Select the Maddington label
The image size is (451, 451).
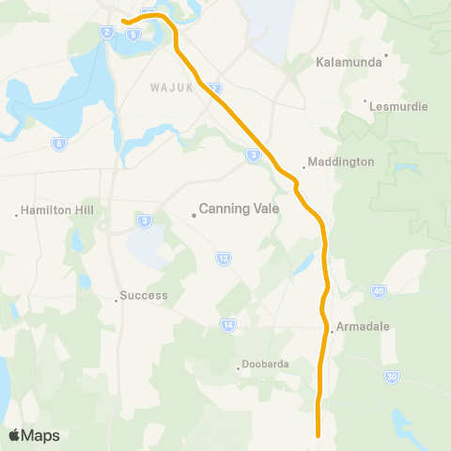[x=341, y=162]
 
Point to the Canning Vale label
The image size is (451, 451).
[x=240, y=210]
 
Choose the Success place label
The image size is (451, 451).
[x=144, y=295]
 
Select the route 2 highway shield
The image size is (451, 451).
[x=108, y=32]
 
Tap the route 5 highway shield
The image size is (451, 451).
[x=134, y=35]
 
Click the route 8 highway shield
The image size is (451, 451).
[x=59, y=144]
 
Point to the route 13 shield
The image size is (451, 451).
[x=224, y=257]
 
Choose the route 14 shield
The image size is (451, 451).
[x=228, y=325]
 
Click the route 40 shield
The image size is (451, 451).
[x=378, y=292]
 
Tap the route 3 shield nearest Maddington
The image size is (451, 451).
[x=254, y=156]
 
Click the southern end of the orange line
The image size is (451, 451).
[x=319, y=434]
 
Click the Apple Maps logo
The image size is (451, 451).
[x=34, y=435]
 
